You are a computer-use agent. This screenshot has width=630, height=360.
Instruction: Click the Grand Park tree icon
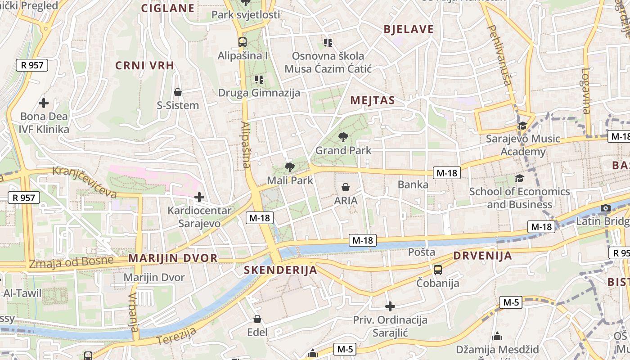[343, 137]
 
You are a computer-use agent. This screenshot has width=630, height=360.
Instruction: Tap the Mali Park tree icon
[290, 167]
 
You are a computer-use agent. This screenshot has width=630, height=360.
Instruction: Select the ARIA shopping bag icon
[346, 187]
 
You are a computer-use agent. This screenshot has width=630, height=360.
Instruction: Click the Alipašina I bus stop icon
[243, 42]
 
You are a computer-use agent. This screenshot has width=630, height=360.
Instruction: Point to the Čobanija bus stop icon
[437, 270]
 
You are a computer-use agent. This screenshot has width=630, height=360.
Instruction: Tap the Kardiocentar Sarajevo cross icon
[199, 197]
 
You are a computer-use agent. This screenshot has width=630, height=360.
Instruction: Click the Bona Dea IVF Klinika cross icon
[44, 103]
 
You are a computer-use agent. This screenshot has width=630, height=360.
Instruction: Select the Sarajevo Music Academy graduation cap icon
[522, 126]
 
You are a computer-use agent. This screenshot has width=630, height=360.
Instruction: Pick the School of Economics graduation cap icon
[519, 179]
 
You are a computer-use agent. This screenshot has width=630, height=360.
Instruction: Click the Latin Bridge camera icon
[606, 208]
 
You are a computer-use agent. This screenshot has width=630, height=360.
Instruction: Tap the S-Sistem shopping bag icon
[178, 92]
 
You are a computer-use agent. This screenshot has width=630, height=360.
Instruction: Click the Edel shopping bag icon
[257, 319]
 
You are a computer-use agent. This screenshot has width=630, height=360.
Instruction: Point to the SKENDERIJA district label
[280, 270]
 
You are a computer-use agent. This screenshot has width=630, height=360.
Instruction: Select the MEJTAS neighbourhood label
[373, 100]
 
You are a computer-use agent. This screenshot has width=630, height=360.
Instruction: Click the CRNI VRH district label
[144, 66]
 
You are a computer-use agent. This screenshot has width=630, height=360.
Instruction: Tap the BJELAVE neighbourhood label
[409, 30]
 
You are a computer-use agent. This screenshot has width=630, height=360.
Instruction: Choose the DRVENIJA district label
[482, 256]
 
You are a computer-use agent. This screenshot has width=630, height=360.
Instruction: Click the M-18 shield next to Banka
[447, 173]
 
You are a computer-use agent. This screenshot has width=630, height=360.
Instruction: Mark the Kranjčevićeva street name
[85, 182]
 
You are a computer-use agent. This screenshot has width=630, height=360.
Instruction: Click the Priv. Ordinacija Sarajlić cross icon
[390, 307]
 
